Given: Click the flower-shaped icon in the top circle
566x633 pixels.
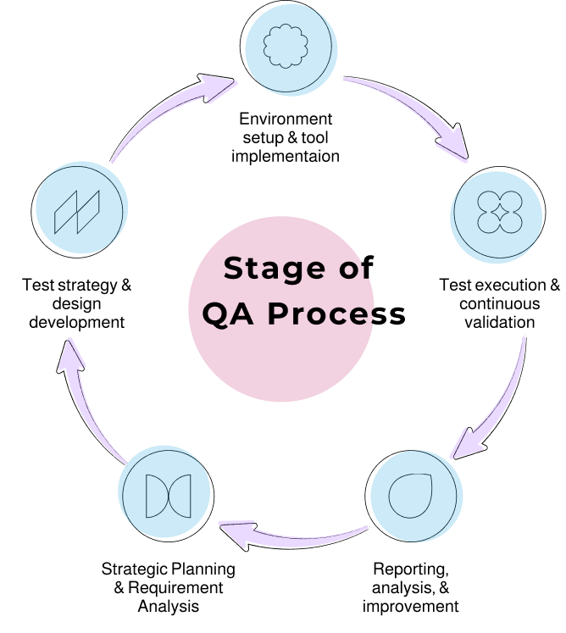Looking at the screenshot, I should coord(286,46).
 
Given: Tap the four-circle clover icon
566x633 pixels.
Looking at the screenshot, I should coord(500,212).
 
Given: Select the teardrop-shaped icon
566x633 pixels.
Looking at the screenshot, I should coord(411,495).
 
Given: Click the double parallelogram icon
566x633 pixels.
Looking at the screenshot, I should coord(77,212).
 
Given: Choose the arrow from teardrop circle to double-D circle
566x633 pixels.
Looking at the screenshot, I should coord(292,536).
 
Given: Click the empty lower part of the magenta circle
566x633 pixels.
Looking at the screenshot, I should coord(280,364).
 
